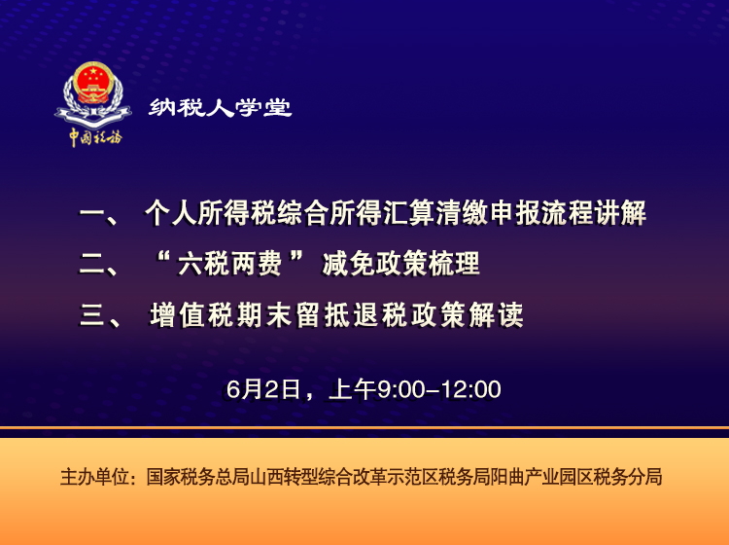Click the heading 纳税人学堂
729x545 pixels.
[x=221, y=108]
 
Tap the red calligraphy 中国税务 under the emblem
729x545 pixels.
[x=94, y=136]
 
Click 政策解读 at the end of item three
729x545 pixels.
[x=473, y=315]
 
